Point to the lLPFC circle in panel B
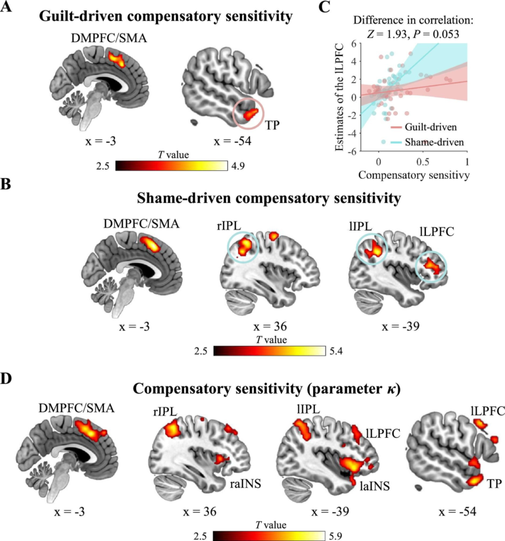431,268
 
